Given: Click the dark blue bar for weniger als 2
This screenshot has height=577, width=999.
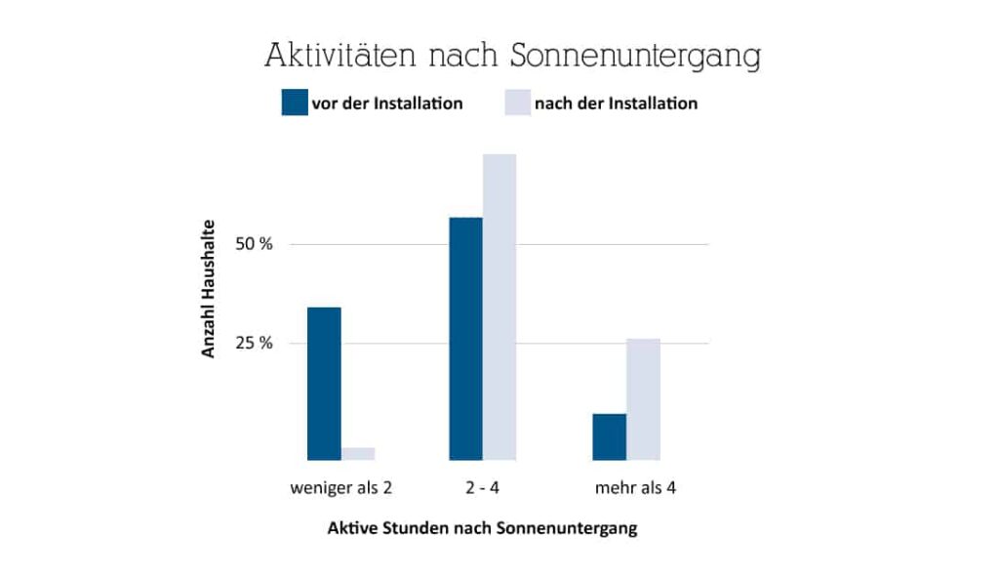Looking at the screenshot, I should point(324,383).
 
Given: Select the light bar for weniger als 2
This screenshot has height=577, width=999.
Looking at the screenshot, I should point(358,453).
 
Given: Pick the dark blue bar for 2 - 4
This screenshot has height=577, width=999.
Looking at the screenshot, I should point(465,338).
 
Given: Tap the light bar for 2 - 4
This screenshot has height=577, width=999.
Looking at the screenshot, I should point(499,307).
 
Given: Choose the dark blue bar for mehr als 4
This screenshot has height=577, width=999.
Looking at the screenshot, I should point(609,436).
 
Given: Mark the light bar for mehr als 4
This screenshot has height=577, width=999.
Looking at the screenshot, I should point(643,398).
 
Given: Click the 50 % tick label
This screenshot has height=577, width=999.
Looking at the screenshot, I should point(254,244).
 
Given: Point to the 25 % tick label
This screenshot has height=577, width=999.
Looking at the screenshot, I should point(254,344).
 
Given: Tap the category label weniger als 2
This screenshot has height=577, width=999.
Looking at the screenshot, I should point(341,486).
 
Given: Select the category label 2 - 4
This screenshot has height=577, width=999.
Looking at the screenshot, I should point(483,486).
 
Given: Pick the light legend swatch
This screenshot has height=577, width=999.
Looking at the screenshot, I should point(517,103).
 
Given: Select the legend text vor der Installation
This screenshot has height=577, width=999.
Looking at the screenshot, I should point(386,103).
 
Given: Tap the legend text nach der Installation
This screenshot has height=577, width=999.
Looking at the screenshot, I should point(617,103).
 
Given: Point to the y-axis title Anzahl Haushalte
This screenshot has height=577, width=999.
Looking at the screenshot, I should point(209,294).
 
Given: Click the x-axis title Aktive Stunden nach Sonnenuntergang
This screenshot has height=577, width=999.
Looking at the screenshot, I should point(482,528).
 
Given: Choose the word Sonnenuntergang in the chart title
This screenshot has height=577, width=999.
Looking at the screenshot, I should point(636,58).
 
